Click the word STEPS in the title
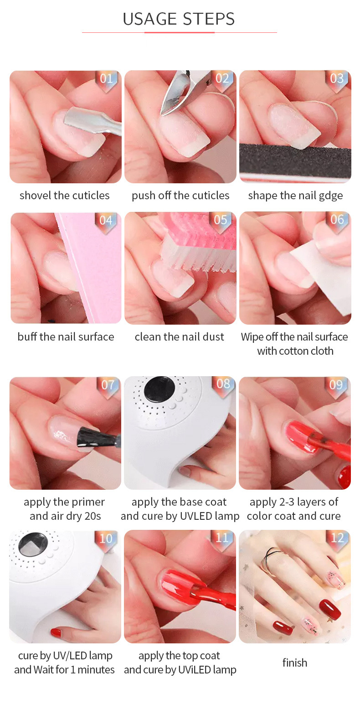[x=208, y=19]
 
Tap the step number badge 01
[x=106, y=79]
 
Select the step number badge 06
[x=337, y=220]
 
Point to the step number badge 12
[x=337, y=538]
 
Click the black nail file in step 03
[x=295, y=161]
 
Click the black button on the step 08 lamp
[x=159, y=390]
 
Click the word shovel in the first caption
[x=35, y=196]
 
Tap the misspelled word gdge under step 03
[x=331, y=196]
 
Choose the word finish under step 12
[x=295, y=663]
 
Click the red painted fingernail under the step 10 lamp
[x=56, y=632]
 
